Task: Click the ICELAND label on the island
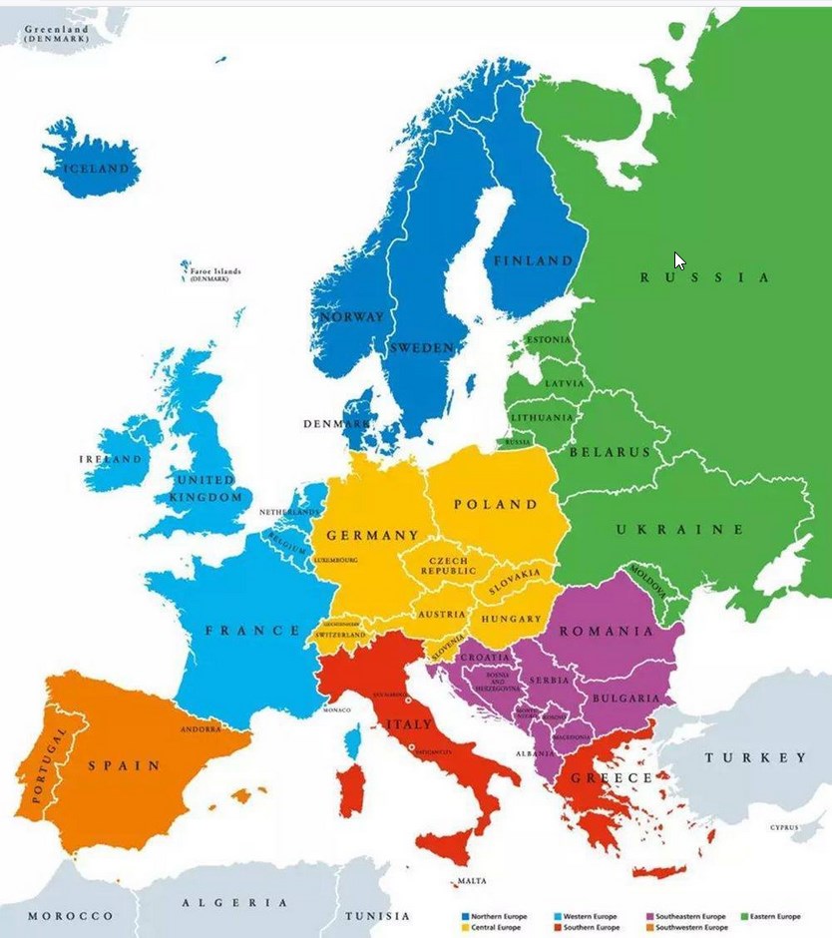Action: pos(97,169)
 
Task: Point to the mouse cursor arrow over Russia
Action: pos(678,260)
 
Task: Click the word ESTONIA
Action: pos(549,340)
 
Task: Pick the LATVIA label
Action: pos(564,383)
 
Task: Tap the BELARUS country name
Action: pos(609,452)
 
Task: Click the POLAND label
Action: pos(496,505)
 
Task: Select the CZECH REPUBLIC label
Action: pos(448,567)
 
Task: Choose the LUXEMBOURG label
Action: pos(335,561)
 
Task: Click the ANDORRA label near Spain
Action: pos(201,729)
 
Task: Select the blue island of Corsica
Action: pos(351,740)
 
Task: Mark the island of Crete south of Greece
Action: pos(658,871)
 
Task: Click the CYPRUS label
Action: pos(784,827)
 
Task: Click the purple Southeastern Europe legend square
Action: pos(649,916)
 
